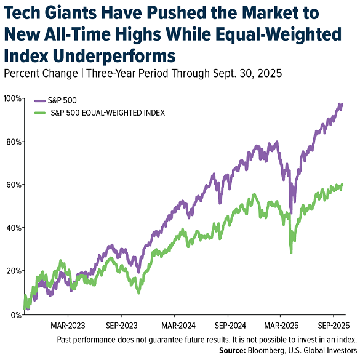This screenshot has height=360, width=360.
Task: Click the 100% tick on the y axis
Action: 10,98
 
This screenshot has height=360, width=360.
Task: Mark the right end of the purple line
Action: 343,105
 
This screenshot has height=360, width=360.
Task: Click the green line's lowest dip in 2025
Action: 291,252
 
